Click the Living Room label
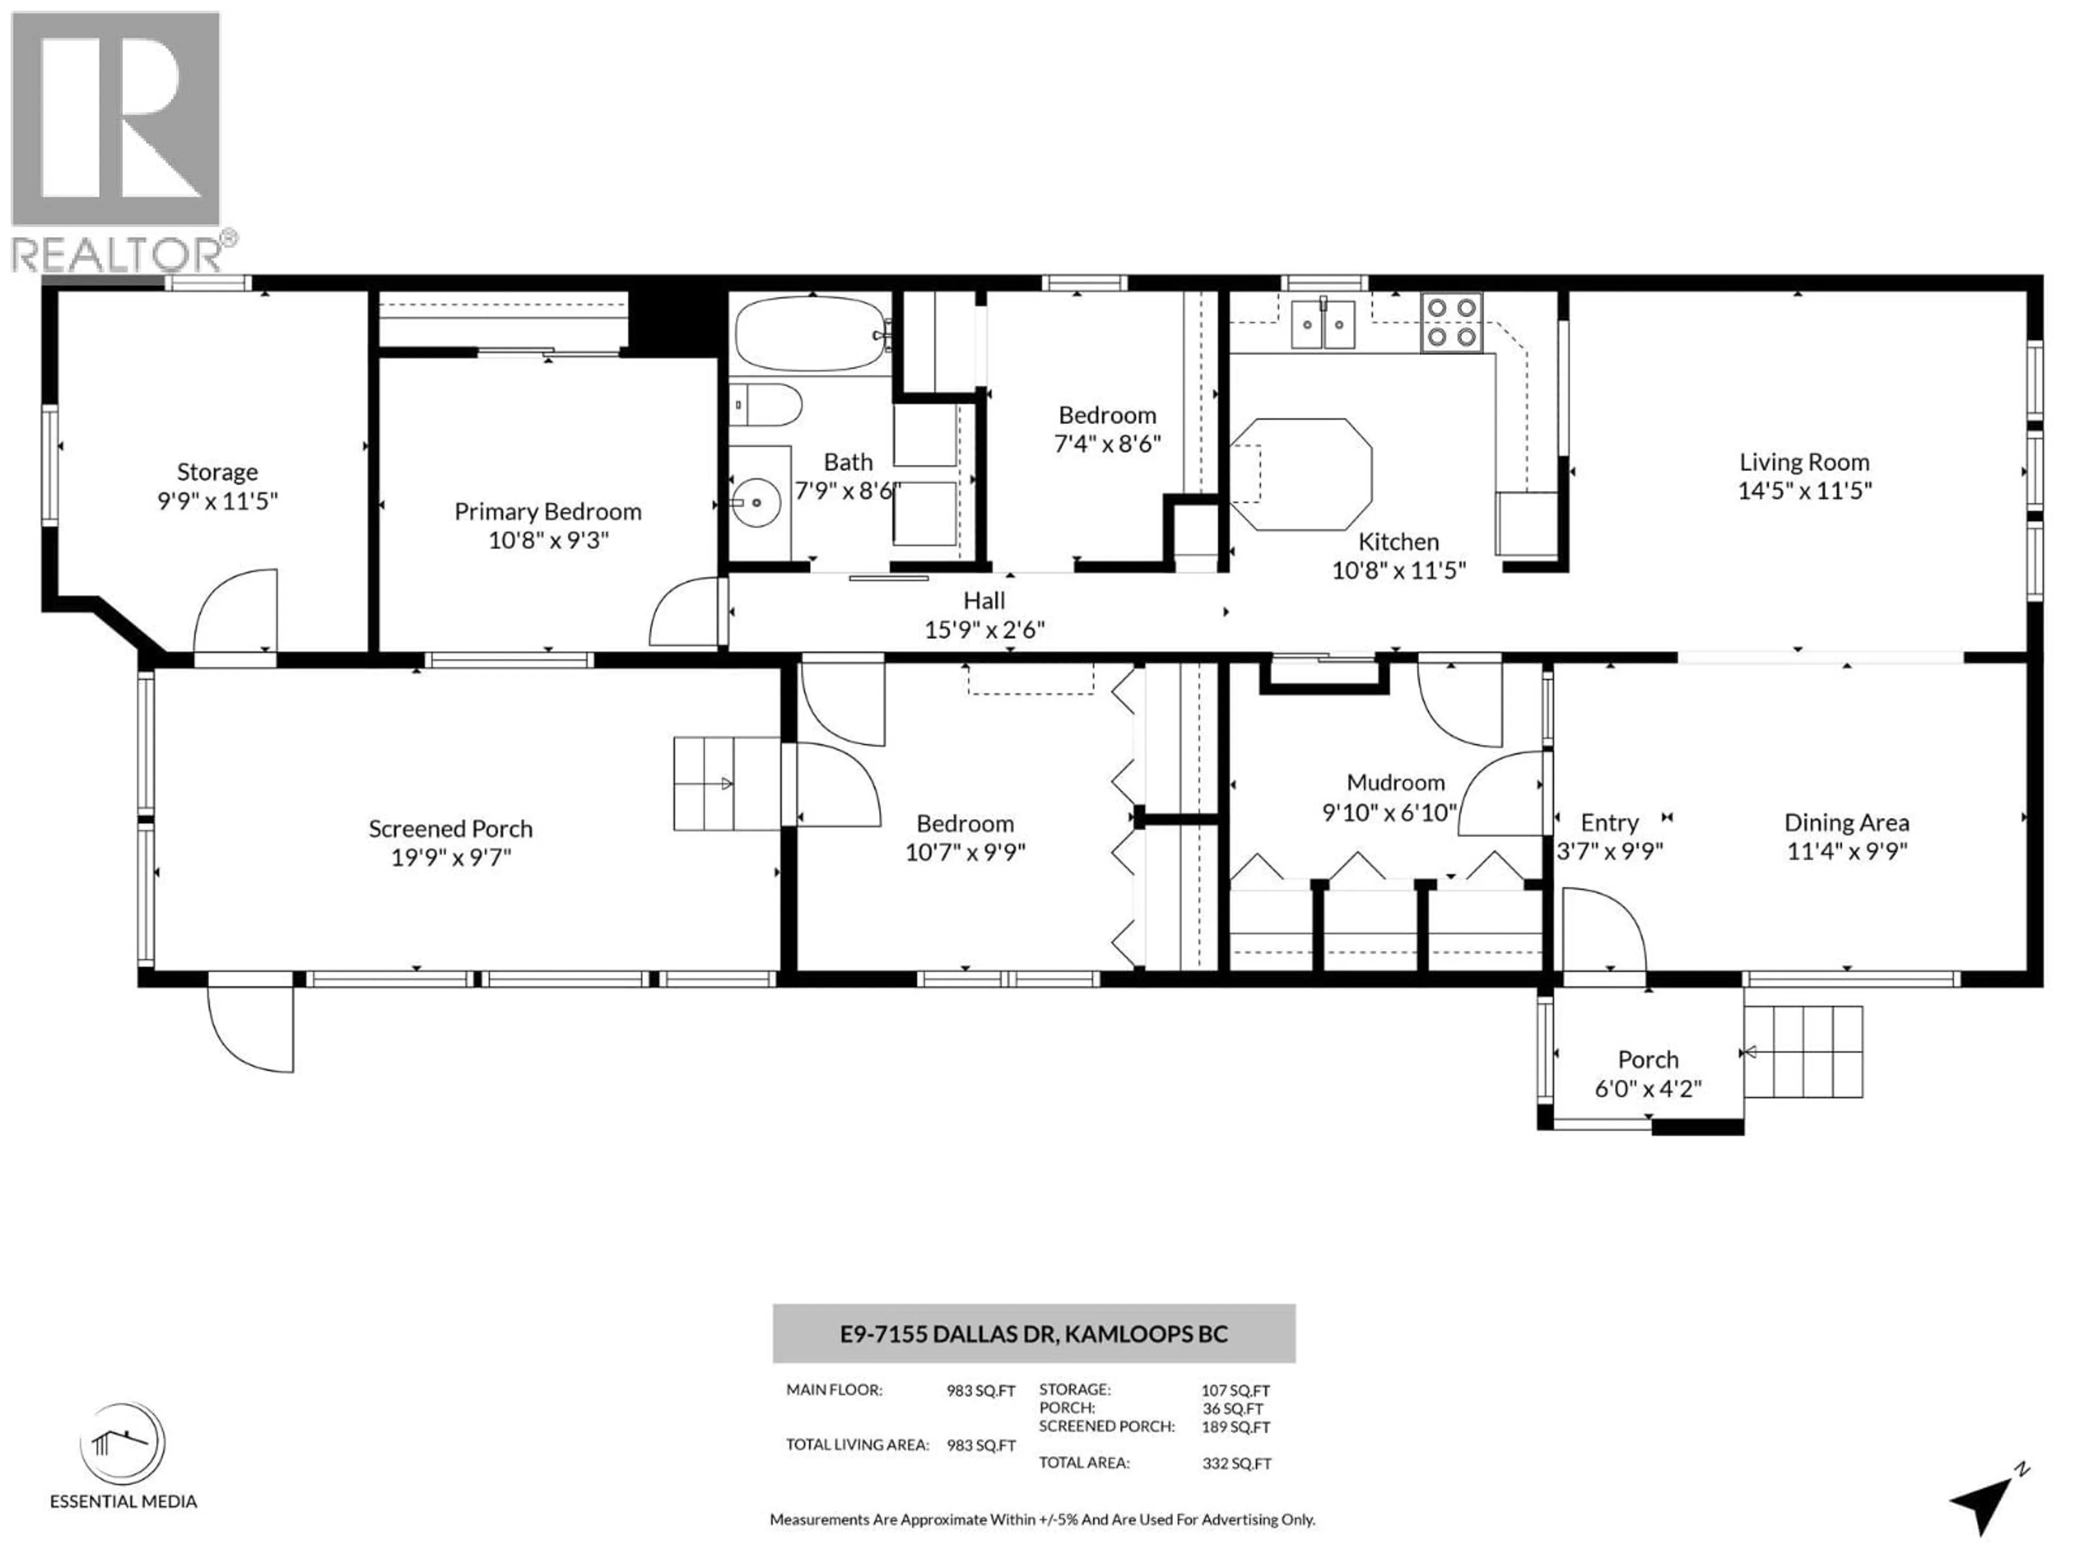pyautogui.click(x=1803, y=462)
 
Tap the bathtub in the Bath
pyautogui.click(x=810, y=334)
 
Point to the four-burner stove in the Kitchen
pyautogui.click(x=1451, y=323)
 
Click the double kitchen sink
pyautogui.click(x=1323, y=324)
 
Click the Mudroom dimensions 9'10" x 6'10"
pyautogui.click(x=1390, y=812)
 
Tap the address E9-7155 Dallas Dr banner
pyautogui.click(x=1033, y=1333)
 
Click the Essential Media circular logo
pyautogui.click(x=123, y=1444)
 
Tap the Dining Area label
pyautogui.click(x=1846, y=823)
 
